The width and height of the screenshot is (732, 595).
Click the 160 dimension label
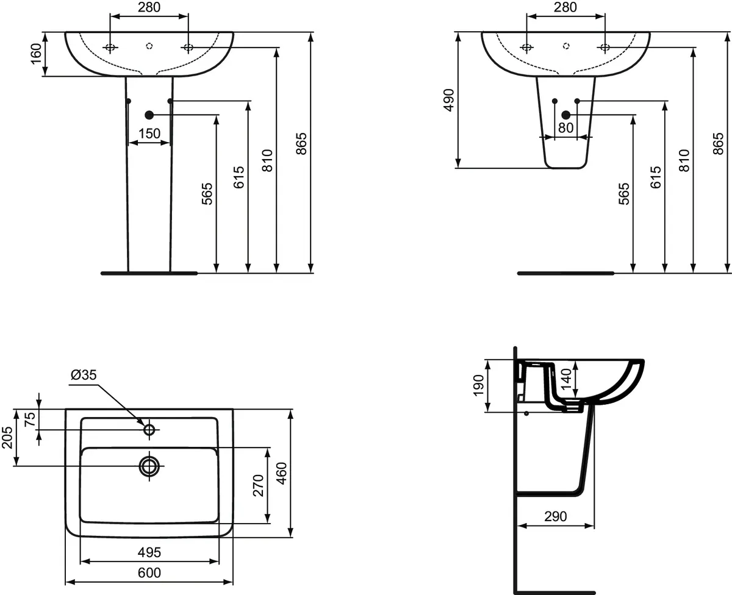coord(36,54)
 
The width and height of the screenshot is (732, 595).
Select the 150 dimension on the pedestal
coord(149,134)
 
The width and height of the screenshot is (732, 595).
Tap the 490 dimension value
coord(449,100)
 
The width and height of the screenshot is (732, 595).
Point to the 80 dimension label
coord(565,128)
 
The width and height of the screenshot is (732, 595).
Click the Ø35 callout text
coord(84,374)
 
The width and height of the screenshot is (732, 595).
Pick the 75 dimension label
coord(30,419)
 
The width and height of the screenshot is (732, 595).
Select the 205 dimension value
coord(7,438)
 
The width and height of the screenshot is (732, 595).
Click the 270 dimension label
coord(258,485)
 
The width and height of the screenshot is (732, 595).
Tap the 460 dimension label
coord(281,474)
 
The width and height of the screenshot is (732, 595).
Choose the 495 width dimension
coord(149,552)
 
